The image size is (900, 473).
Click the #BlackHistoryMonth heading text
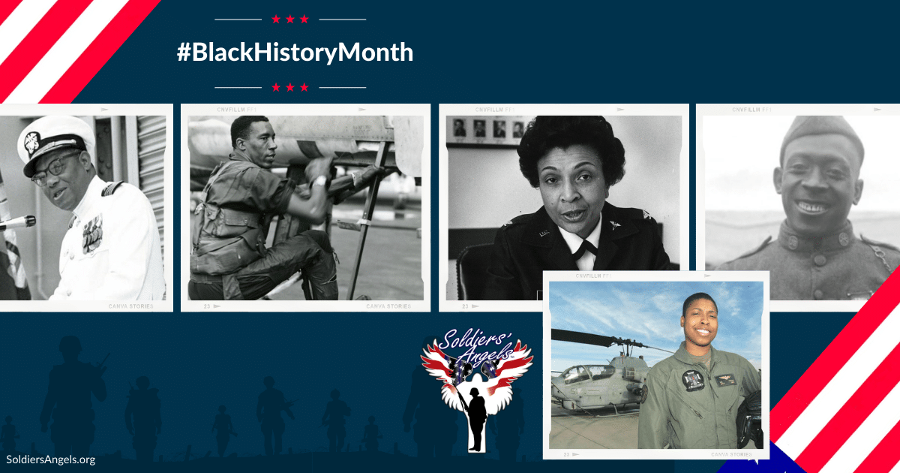[x=295, y=53]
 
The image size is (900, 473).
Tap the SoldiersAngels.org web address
[x=50, y=459]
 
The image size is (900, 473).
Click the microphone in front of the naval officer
[x=16, y=222]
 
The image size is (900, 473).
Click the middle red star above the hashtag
[x=290, y=19]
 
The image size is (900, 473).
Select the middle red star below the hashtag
[x=290, y=87]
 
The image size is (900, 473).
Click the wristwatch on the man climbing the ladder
[x=320, y=181]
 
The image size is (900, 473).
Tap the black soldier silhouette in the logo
[x=475, y=424]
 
